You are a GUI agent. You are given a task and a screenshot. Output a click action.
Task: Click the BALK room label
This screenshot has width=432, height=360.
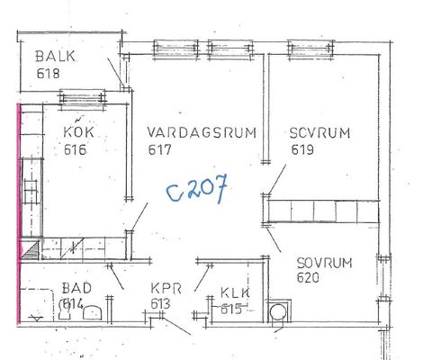point(56,57)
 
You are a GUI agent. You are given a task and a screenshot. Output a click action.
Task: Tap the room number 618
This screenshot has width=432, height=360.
point(48,74)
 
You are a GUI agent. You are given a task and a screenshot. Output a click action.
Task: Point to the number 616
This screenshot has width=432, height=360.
point(75,149)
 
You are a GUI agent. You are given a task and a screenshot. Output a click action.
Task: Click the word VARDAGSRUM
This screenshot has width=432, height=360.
point(202,132)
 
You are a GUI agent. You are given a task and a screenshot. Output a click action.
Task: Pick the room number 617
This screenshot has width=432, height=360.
point(159,149)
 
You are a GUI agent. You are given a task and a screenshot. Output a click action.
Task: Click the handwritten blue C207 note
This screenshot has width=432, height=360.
point(197,189)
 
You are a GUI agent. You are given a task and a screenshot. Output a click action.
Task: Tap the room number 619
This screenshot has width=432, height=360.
point(302,149)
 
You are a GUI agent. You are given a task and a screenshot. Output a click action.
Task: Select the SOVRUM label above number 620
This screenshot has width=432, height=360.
point(324,263)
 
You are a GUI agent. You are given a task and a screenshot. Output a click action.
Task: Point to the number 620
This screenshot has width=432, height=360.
point(308,277)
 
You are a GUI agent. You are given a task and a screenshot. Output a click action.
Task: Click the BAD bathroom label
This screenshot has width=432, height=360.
point(76,288)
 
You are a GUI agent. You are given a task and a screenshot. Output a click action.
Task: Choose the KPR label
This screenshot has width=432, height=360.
point(166,289)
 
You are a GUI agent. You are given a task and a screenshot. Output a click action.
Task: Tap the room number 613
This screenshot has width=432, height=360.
point(160,304)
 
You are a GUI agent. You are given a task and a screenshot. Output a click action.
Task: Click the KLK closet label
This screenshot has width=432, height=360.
point(235,292)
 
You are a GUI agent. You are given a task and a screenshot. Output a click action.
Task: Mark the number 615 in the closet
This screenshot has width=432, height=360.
point(231,309)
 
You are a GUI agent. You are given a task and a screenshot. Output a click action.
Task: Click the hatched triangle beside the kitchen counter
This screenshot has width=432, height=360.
point(31,250)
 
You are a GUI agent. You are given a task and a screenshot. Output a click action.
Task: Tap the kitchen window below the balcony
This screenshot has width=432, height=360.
point(83,98)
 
